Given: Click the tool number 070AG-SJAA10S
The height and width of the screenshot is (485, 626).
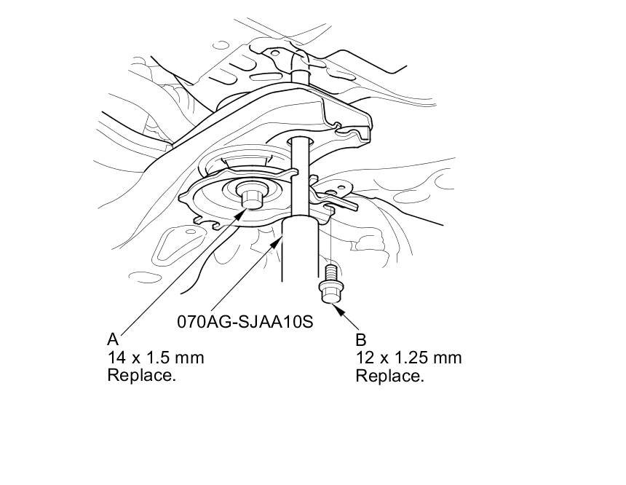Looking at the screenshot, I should coord(245,320).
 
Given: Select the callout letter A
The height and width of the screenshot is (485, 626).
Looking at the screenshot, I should coord(112,339).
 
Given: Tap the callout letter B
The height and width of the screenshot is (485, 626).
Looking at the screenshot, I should coord(360,339).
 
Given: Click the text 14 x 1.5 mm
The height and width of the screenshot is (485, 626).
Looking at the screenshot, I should coord(155,358).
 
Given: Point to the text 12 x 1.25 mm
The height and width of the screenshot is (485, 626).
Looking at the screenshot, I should coord(408,358).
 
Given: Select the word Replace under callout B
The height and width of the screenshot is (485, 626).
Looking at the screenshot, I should coord(389,376).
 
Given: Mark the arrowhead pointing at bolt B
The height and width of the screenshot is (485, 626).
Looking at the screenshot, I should coord(338,309).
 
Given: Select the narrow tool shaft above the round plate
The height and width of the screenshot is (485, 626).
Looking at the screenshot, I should coord(301,175).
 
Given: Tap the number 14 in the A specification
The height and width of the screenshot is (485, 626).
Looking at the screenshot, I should coord(115,358).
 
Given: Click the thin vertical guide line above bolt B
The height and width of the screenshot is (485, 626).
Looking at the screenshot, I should coord(330,240).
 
